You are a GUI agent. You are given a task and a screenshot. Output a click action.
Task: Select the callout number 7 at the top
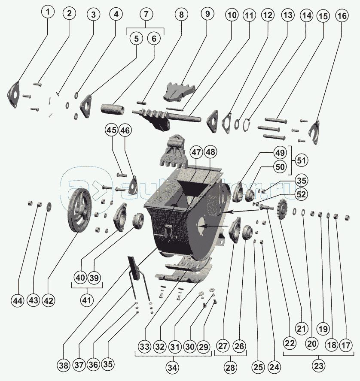[x=146, y=14]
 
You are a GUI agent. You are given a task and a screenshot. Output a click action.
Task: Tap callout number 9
[x=207, y=14]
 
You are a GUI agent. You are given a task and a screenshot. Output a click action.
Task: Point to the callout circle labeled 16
[x=342, y=16]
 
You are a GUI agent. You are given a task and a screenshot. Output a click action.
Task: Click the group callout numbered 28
[x=230, y=367]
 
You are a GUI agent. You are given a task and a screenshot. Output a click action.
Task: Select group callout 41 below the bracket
[x=86, y=300]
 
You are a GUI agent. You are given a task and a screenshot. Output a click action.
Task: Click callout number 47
[x=196, y=152]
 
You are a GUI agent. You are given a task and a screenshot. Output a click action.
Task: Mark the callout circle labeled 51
[x=301, y=161]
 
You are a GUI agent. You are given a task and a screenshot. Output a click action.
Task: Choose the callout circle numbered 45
[x=112, y=130]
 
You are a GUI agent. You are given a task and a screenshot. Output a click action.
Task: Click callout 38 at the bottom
[x=64, y=366]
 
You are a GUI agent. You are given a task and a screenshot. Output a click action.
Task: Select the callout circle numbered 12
[x=267, y=16]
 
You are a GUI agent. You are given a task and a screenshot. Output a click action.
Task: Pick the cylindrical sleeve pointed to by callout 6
[x=113, y=109]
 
